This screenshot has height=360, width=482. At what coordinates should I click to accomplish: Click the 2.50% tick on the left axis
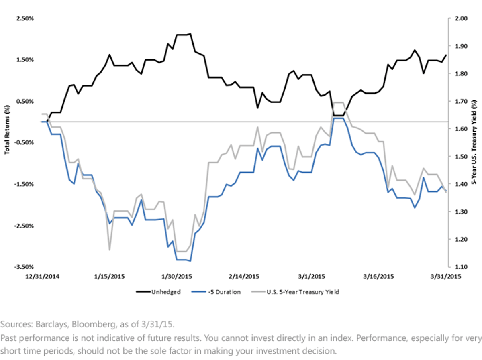pyautogui.click(x=25, y=18)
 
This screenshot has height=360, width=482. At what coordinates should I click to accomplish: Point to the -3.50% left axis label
pyautogui.click(x=24, y=267)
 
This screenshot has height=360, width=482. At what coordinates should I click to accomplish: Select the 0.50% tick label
pyautogui.click(x=25, y=102)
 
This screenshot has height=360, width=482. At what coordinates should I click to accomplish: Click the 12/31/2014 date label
pyautogui.click(x=43, y=277)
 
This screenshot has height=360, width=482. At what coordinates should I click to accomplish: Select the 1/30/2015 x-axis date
pyautogui.click(x=177, y=277)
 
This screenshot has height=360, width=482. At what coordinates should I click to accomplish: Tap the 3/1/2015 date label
pyautogui.click(x=311, y=277)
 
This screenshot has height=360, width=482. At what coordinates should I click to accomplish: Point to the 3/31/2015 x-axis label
pyautogui.click(x=445, y=277)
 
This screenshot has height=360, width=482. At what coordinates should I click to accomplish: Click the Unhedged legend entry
pyautogui.click(x=158, y=292)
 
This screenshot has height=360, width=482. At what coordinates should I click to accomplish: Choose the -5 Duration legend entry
pyautogui.click(x=216, y=292)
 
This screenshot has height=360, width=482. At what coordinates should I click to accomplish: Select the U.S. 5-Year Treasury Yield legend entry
pyautogui.click(x=295, y=292)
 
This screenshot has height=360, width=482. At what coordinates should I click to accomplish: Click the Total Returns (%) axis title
pyautogui.click(x=7, y=130)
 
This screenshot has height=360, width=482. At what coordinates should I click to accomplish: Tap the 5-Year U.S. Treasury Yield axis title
pyautogui.click(x=474, y=142)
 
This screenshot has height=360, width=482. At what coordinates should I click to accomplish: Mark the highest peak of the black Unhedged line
pyautogui.click(x=190, y=34)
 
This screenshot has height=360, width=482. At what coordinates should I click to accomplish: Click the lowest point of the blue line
pyautogui.click(x=190, y=261)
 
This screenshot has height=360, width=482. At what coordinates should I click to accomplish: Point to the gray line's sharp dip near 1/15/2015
pyautogui.click(x=109, y=250)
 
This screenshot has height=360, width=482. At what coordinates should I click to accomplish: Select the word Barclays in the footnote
pyautogui.click(x=51, y=324)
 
